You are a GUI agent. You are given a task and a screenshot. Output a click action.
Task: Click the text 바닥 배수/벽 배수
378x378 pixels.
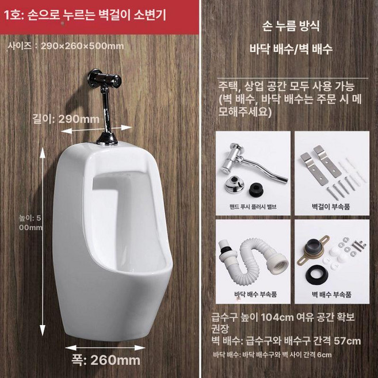coord(291,49)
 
